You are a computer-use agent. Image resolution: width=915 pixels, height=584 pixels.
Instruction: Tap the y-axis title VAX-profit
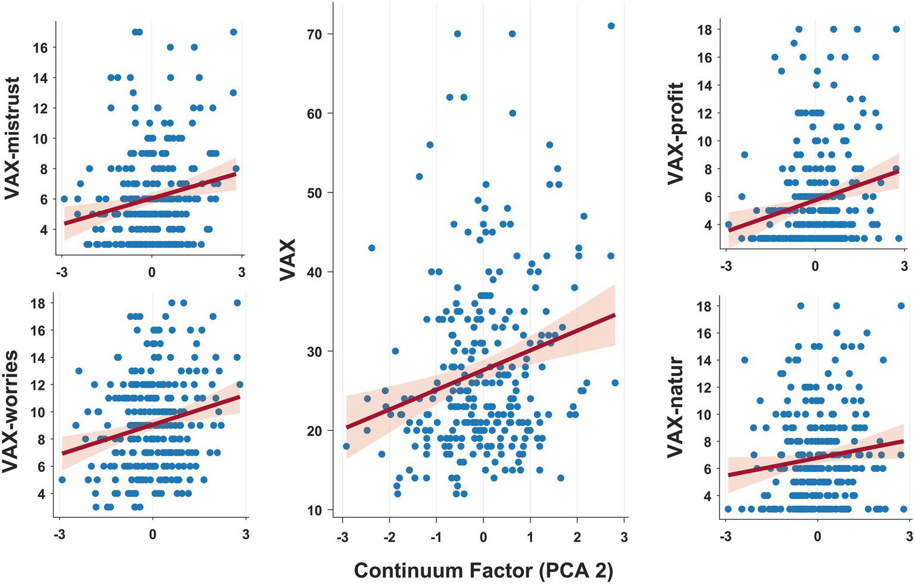tap(675, 133)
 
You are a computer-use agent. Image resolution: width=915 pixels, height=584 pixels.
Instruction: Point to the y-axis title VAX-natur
tap(675, 407)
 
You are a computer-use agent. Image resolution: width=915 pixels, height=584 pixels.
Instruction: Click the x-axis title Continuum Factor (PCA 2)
tap(483, 570)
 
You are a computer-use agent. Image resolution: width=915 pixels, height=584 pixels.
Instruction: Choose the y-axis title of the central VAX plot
tap(289, 259)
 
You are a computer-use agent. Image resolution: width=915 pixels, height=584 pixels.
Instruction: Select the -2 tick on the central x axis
tap(389, 537)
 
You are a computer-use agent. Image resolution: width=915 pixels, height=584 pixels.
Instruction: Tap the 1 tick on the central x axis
tap(530, 537)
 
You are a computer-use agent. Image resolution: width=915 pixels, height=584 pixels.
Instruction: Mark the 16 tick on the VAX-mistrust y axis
tap(40, 47)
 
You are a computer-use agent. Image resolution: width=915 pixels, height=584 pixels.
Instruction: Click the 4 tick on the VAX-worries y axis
tap(39, 494)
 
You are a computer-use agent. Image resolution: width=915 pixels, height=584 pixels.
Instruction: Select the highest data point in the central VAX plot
tap(611, 26)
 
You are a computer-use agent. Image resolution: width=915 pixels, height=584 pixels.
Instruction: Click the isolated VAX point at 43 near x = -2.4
tap(371, 248)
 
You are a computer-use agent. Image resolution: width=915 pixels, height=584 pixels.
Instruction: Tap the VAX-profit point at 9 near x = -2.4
tap(745, 155)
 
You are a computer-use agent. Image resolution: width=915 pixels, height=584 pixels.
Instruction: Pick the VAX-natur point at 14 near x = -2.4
tap(745, 360)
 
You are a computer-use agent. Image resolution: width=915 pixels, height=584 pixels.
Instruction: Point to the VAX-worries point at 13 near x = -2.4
tap(79, 371)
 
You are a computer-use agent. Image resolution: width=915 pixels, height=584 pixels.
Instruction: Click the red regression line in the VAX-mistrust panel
tap(149, 199)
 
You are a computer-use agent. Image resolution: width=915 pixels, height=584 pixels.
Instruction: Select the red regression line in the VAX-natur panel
tap(817, 458)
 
